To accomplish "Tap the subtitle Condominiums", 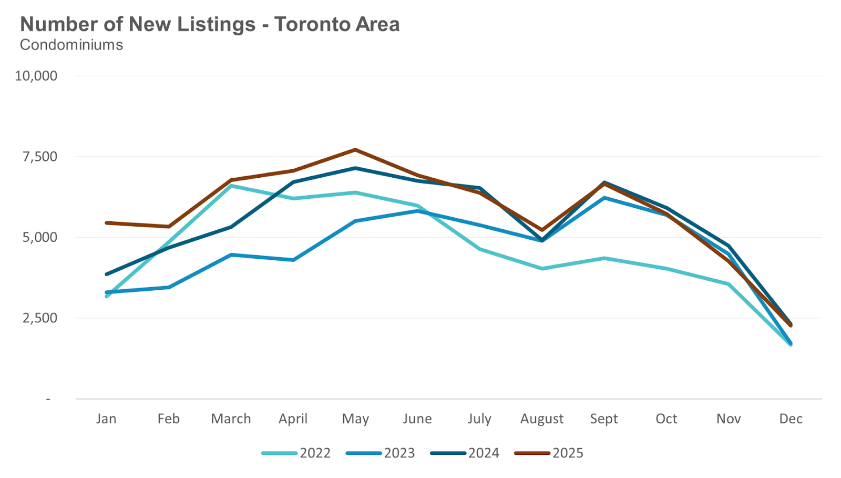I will pos(71,45).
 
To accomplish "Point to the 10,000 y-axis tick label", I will pos(36,76).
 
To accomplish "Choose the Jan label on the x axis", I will pos(106,419).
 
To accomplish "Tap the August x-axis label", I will pos(541,419).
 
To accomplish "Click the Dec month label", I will pos(791,419).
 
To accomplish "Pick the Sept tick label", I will pos(604,419).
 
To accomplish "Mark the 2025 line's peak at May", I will pos(355,150).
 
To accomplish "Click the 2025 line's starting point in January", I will pos(107,223).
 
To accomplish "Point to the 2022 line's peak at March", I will pos(231,186).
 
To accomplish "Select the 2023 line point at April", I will pos(293,260).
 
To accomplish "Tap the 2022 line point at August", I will pos(542,269).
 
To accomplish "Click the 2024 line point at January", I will pos(107,274).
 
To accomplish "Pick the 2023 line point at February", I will pos(169,287).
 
